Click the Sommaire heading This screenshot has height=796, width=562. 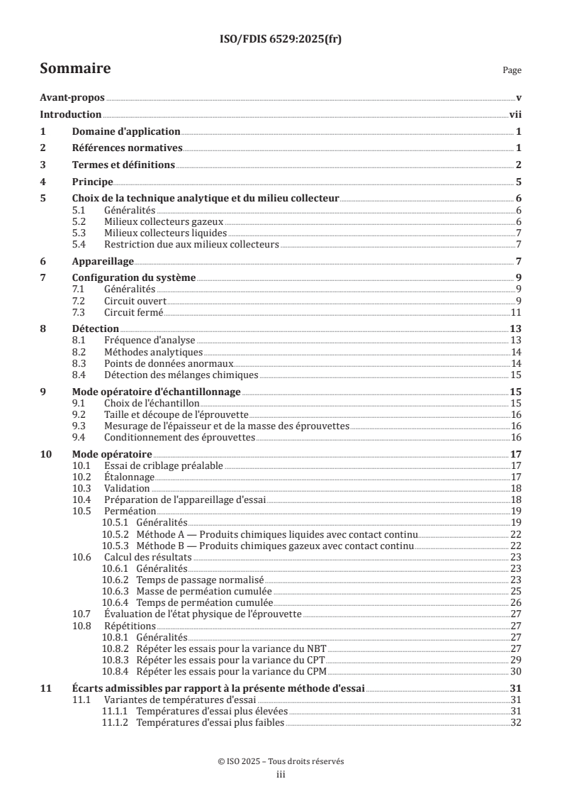coord(74,69)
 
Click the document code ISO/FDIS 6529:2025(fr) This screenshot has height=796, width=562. coord(281,40)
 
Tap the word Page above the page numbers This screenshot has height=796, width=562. coord(512,70)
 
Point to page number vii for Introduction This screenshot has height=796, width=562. coord(515,114)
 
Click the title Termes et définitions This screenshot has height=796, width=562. coord(123,165)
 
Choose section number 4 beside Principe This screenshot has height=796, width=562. coord(43,182)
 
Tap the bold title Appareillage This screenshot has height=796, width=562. coord(103,261)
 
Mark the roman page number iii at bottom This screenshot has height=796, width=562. coord(281,775)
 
